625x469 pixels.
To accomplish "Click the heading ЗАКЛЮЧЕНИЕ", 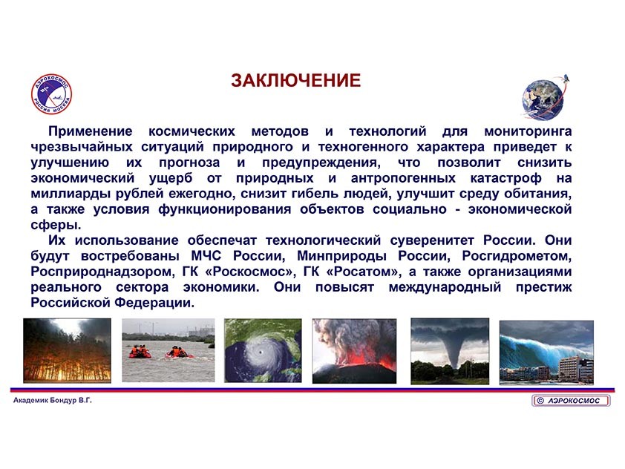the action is click(295, 80).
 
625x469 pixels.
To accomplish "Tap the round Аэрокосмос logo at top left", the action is click(51, 94).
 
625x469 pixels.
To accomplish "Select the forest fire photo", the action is click(67, 351).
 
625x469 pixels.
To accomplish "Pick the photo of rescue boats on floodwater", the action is click(168, 350).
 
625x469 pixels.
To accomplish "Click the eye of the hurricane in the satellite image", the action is click(260, 352).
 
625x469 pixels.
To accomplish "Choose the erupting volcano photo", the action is click(354, 351).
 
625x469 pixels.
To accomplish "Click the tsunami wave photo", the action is click(546, 352).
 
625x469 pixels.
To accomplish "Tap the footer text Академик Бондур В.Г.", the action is click(53, 401).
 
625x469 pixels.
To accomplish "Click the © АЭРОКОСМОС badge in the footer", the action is click(571, 401).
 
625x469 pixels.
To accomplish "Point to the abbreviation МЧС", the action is click(206, 256).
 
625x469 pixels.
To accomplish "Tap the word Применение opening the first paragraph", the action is click(90, 131).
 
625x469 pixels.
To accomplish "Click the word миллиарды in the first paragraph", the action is click(69, 194).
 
